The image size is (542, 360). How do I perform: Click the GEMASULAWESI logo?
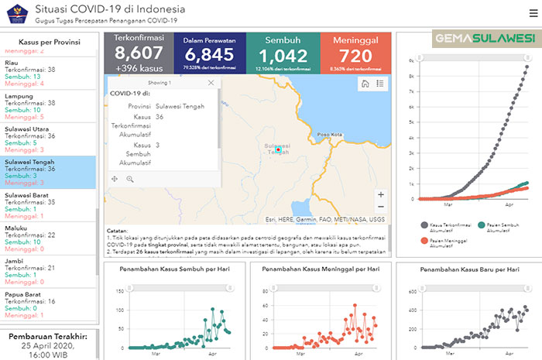click(x=484, y=38)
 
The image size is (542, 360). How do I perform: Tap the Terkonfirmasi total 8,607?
click(x=139, y=53)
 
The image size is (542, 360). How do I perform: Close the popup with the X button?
click(x=211, y=82)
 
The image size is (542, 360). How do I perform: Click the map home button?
click(x=365, y=84)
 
